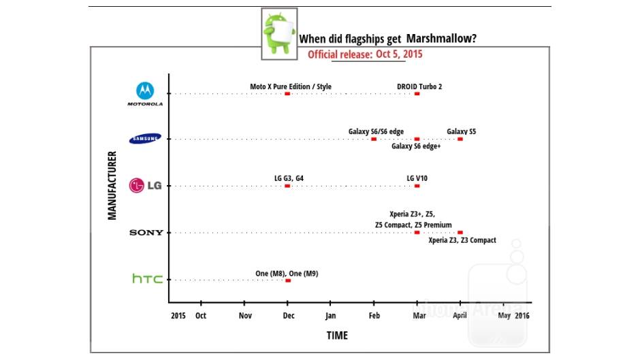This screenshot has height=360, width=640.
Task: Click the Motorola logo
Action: tap(145, 93)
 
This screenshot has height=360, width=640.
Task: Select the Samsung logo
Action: tap(145, 139)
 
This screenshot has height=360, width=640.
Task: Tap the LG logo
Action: tap(145, 185)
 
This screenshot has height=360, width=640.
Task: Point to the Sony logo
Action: tap(146, 233)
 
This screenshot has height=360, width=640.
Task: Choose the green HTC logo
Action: tap(147, 279)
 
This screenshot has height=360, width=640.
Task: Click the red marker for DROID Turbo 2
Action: tap(417, 94)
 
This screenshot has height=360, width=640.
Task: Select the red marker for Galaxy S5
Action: tap(460, 139)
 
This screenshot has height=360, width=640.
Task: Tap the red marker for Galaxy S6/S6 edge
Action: tap(374, 139)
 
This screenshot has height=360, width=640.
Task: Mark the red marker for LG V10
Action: tap(417, 186)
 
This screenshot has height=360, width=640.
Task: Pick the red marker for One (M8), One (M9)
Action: tap(287, 280)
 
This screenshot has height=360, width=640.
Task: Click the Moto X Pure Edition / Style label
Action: tap(291, 86)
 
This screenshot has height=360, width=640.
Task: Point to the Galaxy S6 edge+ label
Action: tap(416, 146)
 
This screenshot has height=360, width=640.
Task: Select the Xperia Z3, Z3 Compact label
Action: tap(462, 240)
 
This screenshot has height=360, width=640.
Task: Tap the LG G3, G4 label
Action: tap(289, 178)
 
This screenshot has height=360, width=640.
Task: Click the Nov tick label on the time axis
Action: tap(245, 316)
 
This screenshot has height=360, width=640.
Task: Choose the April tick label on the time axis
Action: tap(460, 316)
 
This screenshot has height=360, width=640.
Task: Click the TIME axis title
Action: tap(336, 336)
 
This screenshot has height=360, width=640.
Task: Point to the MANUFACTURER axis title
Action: tap(112, 185)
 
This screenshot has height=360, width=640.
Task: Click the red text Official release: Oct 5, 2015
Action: tap(365, 54)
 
